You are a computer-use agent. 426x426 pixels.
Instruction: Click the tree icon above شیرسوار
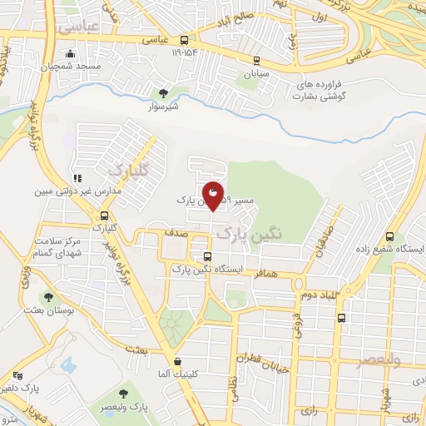162,92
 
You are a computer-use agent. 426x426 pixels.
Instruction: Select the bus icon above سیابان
256,61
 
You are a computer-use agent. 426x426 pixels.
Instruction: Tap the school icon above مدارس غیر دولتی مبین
77,178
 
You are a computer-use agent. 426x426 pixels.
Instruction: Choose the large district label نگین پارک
250,235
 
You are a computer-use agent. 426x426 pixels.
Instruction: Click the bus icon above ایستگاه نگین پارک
207,256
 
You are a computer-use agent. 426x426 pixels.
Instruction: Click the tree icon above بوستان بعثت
48,296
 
